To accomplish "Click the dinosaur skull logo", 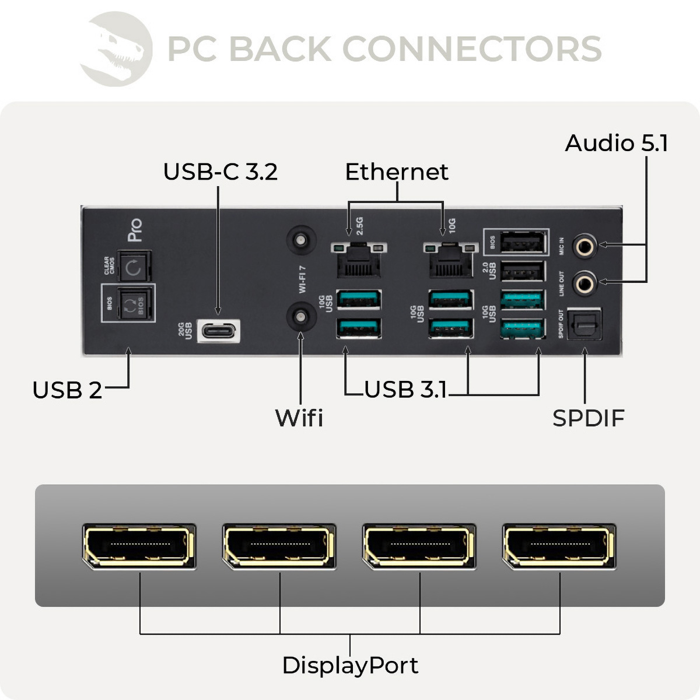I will (117, 50).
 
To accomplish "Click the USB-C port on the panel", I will (219, 331).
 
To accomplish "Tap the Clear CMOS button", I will (134, 267).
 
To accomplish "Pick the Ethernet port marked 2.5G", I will (358, 261).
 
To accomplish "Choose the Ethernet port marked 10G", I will (451, 261).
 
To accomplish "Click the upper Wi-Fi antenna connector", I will (301, 240).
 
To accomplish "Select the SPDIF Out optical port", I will (584, 324).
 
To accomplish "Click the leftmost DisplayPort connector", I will (139, 546).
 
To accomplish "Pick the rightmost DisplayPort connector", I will (559, 546).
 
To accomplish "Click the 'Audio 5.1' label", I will (617, 143).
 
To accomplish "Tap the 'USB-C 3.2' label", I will (220, 172).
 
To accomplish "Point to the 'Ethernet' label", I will (397, 172).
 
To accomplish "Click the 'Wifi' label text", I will (299, 418).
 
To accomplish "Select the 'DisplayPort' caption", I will (350, 666).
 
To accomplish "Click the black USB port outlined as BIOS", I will (523, 242).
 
